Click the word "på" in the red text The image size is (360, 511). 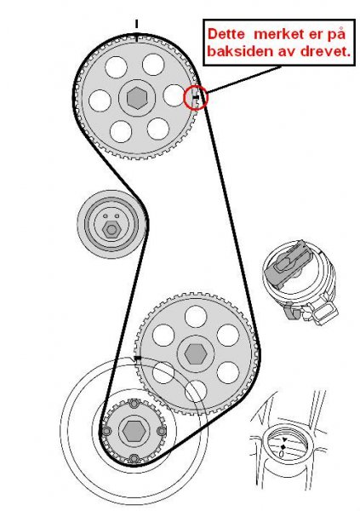(336, 35)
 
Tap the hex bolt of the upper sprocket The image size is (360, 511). (137, 97)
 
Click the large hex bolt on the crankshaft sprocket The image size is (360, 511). (134, 431)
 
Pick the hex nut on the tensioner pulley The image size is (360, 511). (111, 230)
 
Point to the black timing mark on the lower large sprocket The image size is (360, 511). (138, 359)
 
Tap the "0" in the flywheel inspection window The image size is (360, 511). (282, 453)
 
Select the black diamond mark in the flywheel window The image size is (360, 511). (283, 446)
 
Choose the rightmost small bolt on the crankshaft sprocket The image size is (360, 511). (162, 431)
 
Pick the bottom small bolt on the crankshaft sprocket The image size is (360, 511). (134, 458)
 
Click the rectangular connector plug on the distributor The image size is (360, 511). (324, 313)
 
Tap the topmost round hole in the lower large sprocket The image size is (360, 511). (196, 317)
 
